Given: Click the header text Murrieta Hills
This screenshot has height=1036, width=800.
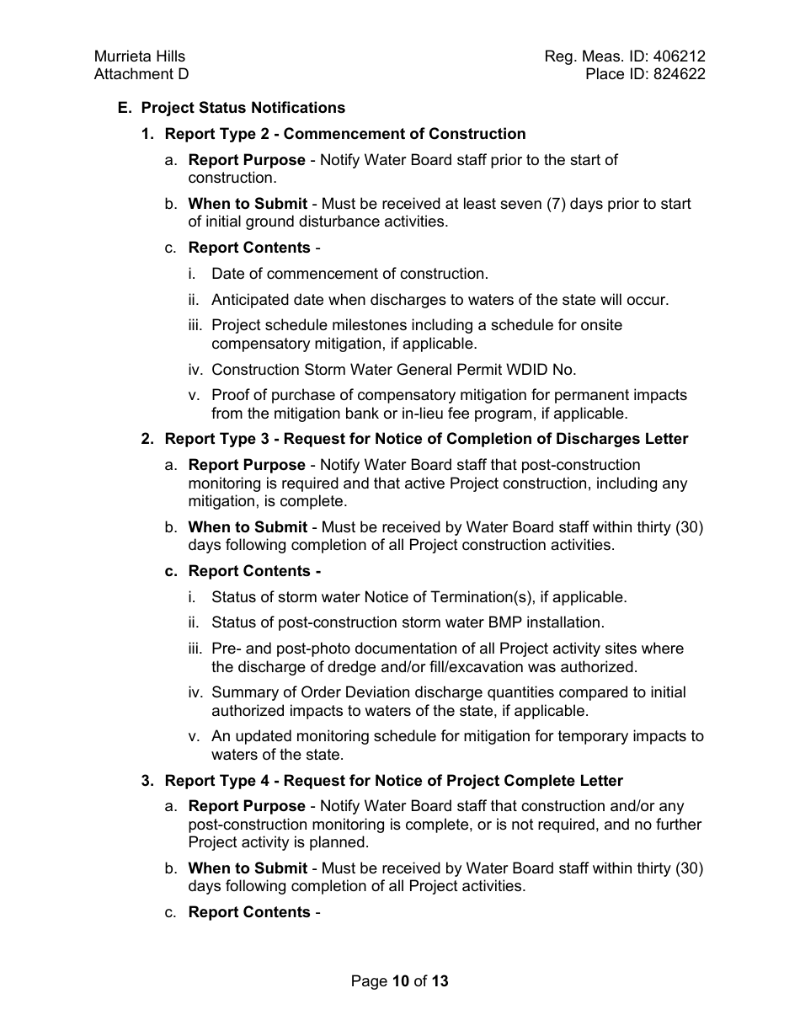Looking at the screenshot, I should click(140, 56).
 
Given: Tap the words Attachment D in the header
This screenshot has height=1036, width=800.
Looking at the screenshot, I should click(141, 74).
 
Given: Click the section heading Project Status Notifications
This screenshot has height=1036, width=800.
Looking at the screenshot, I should click(243, 108).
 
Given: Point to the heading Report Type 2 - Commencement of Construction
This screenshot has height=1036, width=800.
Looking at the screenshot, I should click(344, 134).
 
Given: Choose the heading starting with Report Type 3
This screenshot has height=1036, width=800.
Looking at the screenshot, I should click(426, 439).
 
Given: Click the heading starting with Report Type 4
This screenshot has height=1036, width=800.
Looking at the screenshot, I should click(393, 781).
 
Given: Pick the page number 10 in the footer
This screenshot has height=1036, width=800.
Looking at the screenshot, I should click(400, 981).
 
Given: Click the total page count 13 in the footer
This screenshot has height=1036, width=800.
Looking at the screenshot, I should click(440, 981).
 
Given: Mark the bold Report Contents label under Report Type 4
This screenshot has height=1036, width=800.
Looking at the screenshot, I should click(249, 912).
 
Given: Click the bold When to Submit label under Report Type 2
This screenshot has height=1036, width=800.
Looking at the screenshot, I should click(248, 204).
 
